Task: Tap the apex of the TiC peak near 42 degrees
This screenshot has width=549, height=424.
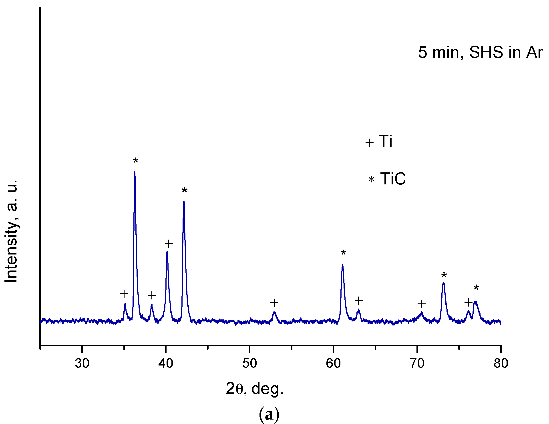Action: point(184,202)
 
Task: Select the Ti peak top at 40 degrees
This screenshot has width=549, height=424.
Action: point(167,252)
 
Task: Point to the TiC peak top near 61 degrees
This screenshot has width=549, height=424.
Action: point(342,264)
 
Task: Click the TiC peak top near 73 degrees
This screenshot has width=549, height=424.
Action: point(443,283)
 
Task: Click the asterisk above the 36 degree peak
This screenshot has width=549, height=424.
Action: point(135,161)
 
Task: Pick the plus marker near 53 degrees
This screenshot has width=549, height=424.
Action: point(274,303)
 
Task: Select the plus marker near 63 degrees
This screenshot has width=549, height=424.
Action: point(359,300)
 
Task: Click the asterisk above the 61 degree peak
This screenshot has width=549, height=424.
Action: point(343,253)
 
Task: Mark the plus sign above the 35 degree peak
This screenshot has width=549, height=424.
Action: point(124,293)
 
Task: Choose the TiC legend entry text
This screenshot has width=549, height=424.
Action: point(393,179)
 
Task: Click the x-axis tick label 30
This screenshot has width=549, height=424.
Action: point(82,363)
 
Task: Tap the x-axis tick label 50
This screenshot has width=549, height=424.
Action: point(249,363)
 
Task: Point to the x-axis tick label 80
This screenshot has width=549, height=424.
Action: point(501,363)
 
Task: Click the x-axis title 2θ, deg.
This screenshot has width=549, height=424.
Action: point(255,389)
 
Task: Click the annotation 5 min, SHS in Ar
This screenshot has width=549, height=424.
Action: point(480,52)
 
